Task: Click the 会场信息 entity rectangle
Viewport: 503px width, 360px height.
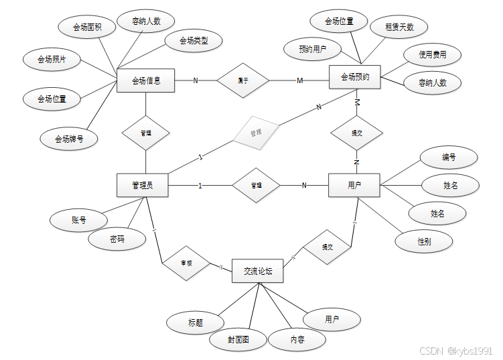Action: pos(145,80)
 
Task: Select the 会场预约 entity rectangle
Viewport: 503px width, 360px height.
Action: pos(355,77)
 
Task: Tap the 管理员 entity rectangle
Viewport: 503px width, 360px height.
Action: pos(142,185)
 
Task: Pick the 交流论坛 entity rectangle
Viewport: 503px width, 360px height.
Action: pos(258,271)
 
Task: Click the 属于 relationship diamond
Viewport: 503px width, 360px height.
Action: pos(243,80)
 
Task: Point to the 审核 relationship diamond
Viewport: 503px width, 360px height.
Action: pos(187,264)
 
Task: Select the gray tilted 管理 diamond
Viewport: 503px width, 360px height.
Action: pos(256,133)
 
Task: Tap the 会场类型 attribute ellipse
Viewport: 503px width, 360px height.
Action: pos(194,41)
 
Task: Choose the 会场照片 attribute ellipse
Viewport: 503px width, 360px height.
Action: pos(52,59)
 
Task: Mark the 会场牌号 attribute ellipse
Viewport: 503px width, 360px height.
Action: pos(68,139)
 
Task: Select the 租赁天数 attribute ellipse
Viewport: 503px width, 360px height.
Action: pos(399,27)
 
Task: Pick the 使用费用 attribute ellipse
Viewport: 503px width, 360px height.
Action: pos(432,55)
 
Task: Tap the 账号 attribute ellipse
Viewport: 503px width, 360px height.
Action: pos(79,219)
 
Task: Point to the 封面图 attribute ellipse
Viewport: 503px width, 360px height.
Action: pos(238,340)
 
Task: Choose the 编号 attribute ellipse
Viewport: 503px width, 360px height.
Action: pos(449,158)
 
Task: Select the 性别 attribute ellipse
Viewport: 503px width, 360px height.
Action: pos(423,241)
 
